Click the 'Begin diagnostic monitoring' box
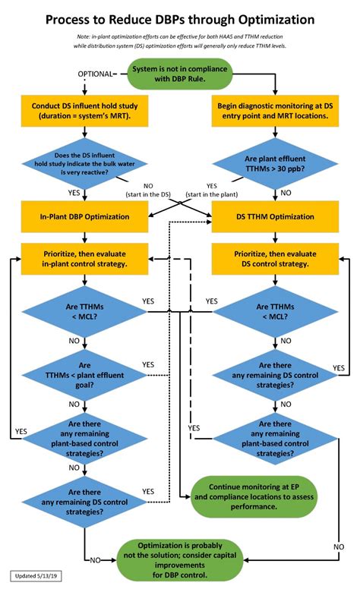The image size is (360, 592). [x=271, y=112]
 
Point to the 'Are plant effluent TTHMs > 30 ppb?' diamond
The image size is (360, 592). [x=271, y=164]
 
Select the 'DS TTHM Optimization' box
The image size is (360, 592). [x=271, y=216]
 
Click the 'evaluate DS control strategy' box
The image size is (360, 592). [x=271, y=259]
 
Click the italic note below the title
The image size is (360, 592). [x=180, y=42]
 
